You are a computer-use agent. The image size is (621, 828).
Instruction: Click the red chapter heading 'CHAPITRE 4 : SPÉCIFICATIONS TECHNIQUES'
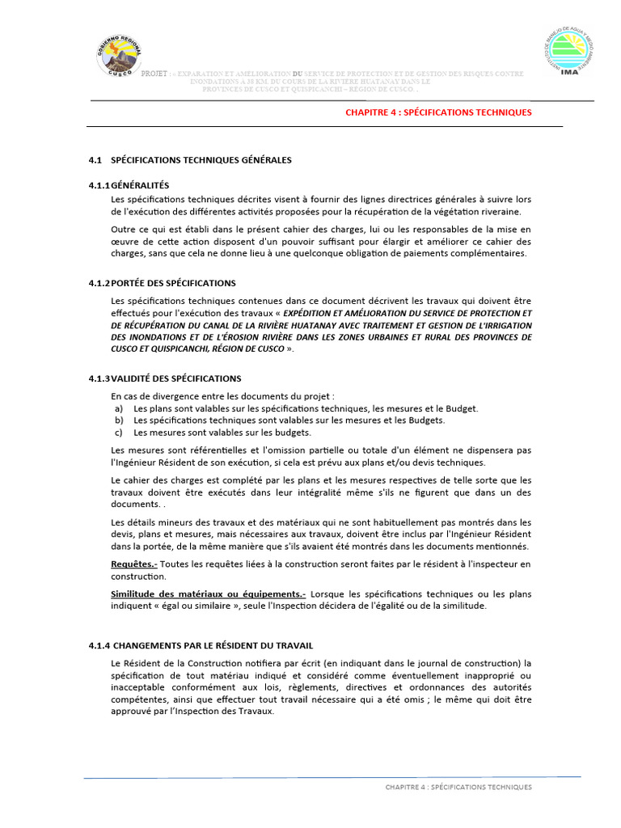coord(438,112)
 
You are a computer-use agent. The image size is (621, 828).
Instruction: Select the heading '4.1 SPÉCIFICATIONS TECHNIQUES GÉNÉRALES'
coord(190,160)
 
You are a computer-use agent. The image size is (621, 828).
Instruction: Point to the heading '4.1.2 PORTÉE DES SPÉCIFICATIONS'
coord(162,283)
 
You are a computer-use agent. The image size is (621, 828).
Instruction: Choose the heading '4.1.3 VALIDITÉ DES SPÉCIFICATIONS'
coord(164,378)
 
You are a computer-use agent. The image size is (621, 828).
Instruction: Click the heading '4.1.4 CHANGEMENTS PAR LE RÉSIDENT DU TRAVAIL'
coord(201,645)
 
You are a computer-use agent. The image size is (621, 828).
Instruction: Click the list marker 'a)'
coord(119,409)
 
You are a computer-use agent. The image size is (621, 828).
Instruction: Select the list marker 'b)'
coord(119,420)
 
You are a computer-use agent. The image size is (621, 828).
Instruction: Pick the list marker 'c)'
coord(119,432)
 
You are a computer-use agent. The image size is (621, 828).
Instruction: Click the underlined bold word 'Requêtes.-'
coord(134,564)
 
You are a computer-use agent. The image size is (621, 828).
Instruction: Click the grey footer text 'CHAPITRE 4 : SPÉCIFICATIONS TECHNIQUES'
coord(458,787)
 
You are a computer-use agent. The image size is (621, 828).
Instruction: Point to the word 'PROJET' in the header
coord(154,74)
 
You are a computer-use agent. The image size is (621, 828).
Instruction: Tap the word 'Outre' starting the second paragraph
coord(123,230)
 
